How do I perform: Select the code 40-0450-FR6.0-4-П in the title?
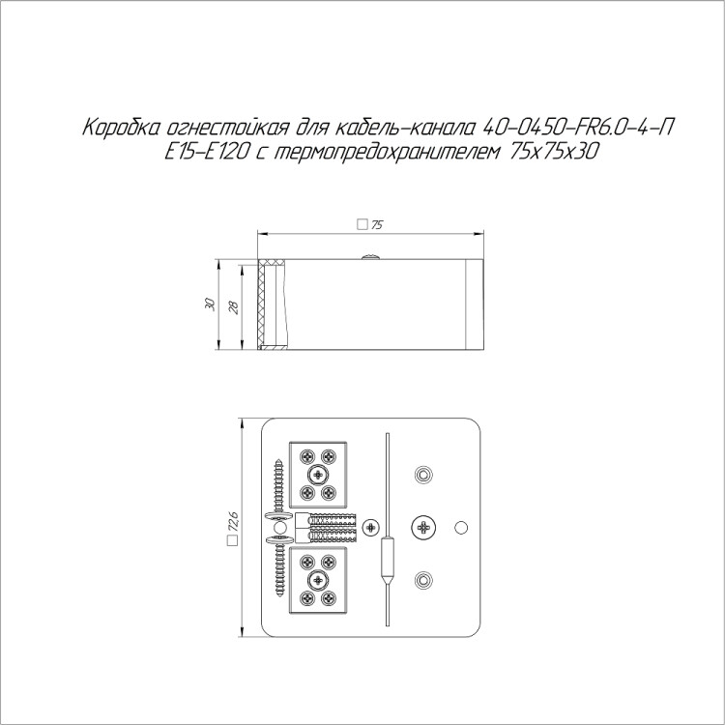coord(576,128)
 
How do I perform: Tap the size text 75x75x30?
coord(554,152)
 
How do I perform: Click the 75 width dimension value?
coord(377,225)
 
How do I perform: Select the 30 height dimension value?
coord(211,304)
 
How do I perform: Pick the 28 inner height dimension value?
coord(235,307)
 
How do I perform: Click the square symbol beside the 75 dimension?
coord(362,224)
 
